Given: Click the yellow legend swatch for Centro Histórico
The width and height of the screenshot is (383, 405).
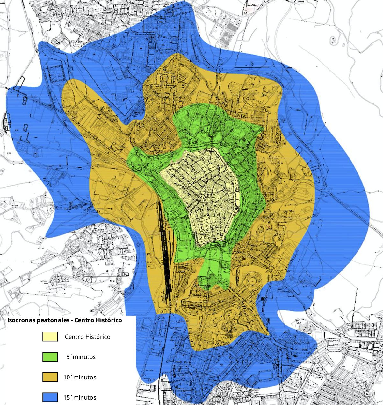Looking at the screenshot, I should (x=50, y=337).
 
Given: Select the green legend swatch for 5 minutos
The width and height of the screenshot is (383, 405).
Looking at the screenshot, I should (x=50, y=357).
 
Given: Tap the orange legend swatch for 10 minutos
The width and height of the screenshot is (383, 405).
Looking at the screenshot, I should (x=50, y=377).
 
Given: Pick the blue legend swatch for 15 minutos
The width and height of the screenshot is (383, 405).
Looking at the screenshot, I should (x=50, y=397).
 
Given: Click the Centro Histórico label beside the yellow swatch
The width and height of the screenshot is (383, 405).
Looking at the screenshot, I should (x=87, y=337).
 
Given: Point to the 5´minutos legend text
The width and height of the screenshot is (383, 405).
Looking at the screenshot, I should (x=81, y=357).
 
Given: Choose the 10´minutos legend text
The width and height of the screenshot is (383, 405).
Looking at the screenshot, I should (x=80, y=377).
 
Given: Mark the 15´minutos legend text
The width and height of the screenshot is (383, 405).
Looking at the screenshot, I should (x=80, y=398).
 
